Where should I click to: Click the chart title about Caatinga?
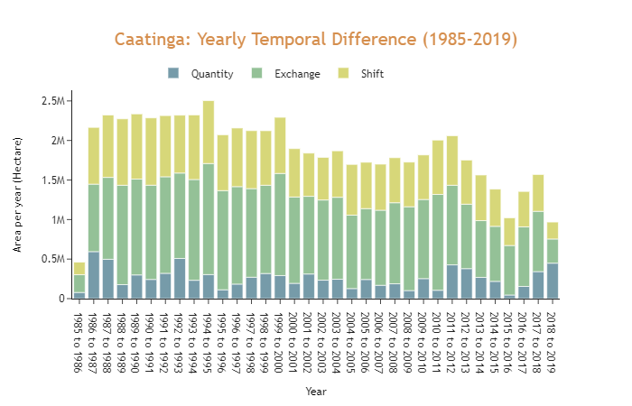(x=316, y=40)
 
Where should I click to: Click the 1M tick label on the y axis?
(x=56, y=220)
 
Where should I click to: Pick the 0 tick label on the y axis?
(x=60, y=299)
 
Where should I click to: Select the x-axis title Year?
(x=315, y=392)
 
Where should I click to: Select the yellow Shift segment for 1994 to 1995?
(x=209, y=132)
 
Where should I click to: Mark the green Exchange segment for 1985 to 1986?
(x=79, y=283)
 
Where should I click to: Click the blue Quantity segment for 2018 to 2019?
(x=553, y=281)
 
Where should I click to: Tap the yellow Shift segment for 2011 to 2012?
(x=452, y=161)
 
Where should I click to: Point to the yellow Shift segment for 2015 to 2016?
(x=509, y=232)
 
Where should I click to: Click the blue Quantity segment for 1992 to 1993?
(x=180, y=279)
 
